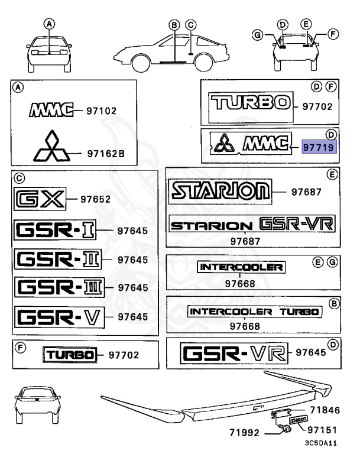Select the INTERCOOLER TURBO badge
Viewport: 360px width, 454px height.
click(x=254, y=311)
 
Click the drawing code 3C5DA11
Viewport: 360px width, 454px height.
click(x=321, y=443)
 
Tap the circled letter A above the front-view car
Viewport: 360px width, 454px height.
click(x=50, y=24)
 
